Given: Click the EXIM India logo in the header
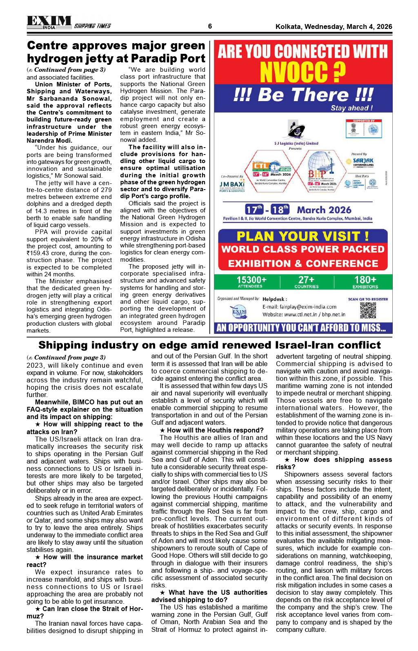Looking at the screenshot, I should tap(49, 22).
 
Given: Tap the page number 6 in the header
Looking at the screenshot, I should tap(210, 26).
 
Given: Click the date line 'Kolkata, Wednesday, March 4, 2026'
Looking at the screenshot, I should tap(334, 27).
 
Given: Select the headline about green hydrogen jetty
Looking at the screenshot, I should tap(116, 52).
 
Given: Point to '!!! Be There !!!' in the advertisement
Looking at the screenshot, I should tap(303, 95).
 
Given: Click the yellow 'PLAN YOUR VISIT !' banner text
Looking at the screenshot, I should tap(303, 236).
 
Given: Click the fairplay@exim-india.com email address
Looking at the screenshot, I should tap(299, 307).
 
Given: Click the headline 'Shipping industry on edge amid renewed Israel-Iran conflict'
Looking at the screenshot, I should tap(209, 345).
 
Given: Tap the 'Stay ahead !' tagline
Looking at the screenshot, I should tap(351, 108).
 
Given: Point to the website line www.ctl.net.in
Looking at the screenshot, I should tap(304, 314).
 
